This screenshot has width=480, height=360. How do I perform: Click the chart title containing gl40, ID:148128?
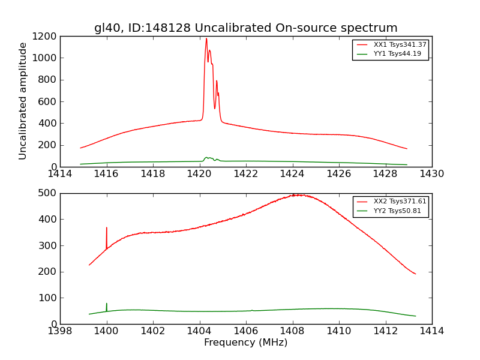(x=245, y=28)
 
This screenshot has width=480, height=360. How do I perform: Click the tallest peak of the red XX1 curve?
(x=206, y=40)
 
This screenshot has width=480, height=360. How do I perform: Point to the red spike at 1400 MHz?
(x=107, y=229)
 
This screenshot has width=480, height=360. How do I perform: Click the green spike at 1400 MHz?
(x=107, y=304)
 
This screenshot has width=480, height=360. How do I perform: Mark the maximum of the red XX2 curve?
(x=294, y=194)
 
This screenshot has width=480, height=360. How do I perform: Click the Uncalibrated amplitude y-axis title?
(x=23, y=101)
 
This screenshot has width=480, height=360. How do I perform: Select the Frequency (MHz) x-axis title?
(x=245, y=343)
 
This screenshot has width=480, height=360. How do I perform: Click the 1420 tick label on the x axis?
(x=199, y=174)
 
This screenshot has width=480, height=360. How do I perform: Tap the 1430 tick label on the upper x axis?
(x=431, y=174)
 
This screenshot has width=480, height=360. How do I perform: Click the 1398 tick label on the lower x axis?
(x=60, y=331)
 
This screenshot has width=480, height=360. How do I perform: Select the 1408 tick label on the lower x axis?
(x=292, y=331)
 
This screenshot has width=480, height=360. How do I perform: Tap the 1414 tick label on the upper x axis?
(x=60, y=174)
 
